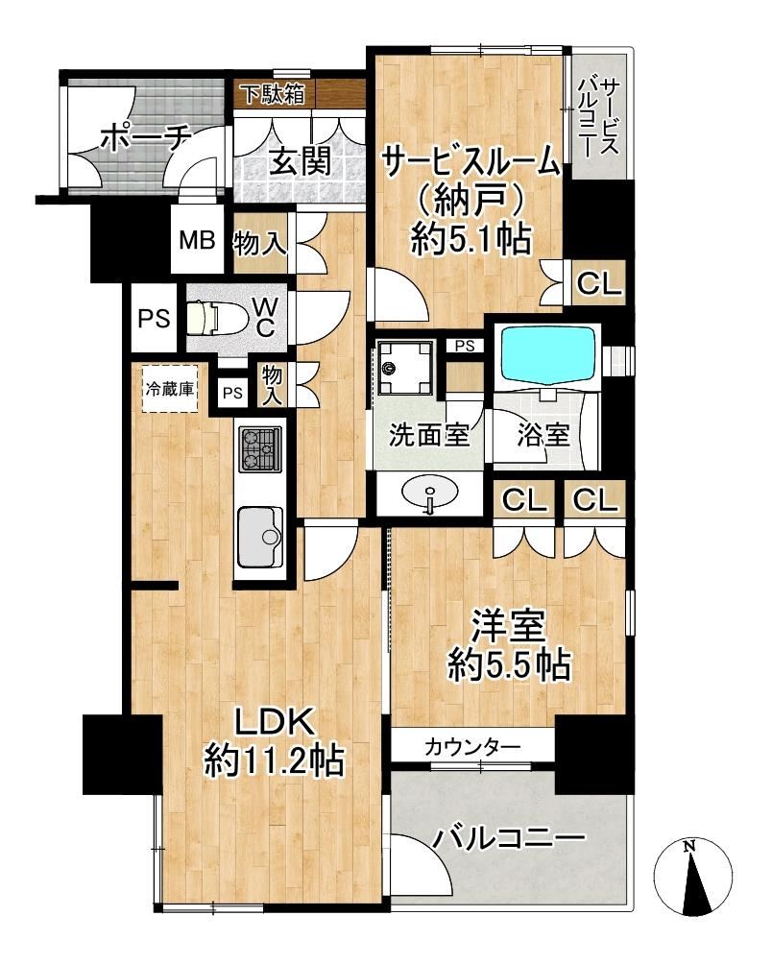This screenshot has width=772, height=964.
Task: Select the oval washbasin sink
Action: pos(429,492)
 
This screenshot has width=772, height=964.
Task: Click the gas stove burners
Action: pos(260,450)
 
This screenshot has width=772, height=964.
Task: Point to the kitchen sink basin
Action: pos(260,537)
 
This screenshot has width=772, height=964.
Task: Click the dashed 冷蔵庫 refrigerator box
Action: pos(170,389)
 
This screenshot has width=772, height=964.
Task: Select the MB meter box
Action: pos(197,239)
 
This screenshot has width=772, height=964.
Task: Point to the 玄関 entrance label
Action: pos(302,161)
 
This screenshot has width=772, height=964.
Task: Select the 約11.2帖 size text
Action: pos(274,759)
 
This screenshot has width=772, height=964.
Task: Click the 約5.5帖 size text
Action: pos(510,664)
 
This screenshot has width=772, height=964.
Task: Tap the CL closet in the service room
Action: pos(598,283)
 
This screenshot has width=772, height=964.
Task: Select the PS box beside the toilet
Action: pos(154,318)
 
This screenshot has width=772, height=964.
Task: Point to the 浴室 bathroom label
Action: pos(543,435)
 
